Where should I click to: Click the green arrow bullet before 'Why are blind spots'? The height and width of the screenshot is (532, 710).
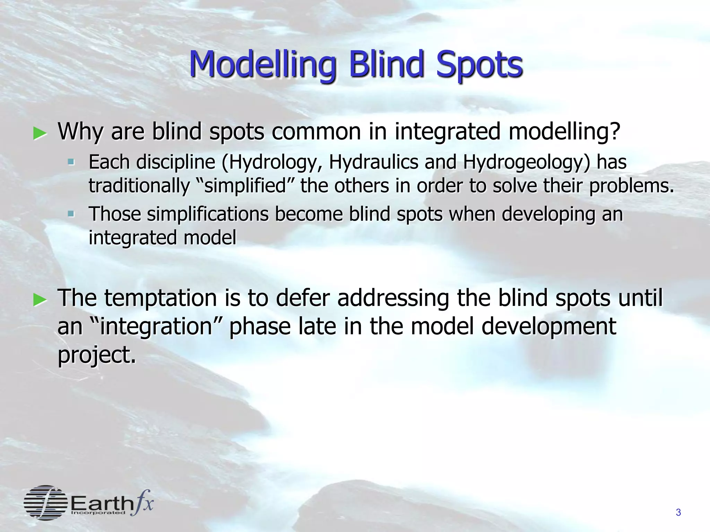point(40,133)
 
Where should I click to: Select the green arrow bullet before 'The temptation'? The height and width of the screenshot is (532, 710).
point(40,300)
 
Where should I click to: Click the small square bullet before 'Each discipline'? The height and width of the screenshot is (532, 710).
point(71,162)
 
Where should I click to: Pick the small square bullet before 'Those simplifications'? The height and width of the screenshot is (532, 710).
point(71,214)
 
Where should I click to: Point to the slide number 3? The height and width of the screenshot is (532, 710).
point(678,512)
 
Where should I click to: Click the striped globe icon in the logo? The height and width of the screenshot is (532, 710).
point(45,503)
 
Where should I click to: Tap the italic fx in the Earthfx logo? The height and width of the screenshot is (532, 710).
point(143,502)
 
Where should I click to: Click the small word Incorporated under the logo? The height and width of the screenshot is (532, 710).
point(98,513)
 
